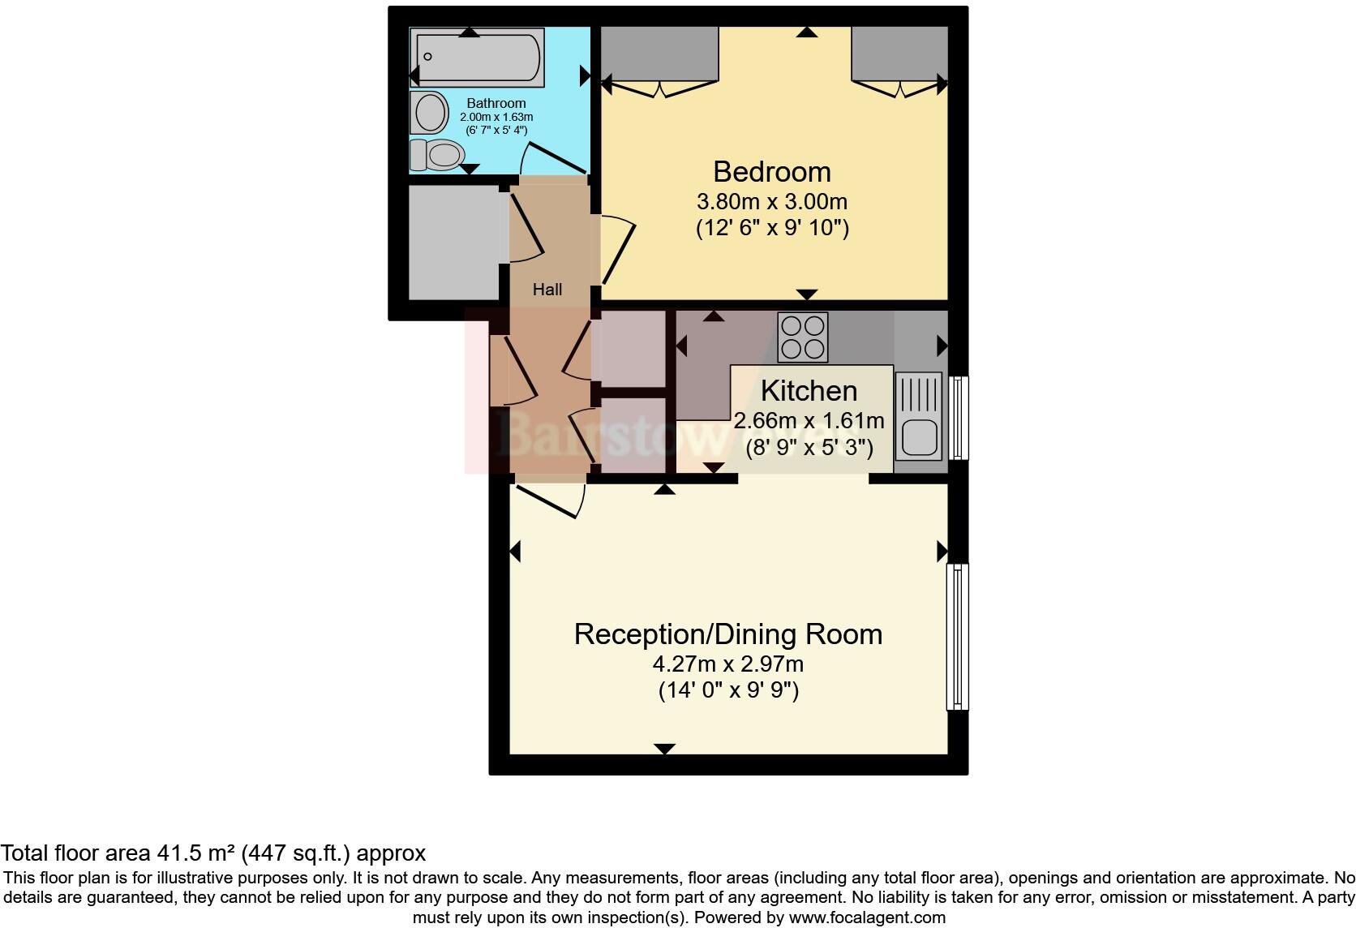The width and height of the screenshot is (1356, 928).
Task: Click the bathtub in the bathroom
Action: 478,58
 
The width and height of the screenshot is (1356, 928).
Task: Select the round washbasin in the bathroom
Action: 430,112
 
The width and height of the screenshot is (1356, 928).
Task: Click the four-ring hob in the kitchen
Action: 803,337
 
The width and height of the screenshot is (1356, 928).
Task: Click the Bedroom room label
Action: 771,172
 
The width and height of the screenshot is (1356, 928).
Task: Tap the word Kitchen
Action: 809,391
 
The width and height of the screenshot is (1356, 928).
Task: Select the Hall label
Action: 547,290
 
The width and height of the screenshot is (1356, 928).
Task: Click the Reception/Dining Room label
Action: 727,634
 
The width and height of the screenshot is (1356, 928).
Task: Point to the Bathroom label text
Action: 496,103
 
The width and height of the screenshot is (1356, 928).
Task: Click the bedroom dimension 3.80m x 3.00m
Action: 771,200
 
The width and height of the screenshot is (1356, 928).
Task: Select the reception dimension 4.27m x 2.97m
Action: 727,664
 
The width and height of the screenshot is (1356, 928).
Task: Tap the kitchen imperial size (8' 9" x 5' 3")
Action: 809,448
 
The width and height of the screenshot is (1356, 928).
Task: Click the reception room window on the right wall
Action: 958,637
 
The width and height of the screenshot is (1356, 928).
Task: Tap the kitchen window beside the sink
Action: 959,417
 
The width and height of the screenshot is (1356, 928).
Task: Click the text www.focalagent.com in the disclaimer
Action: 865,918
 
